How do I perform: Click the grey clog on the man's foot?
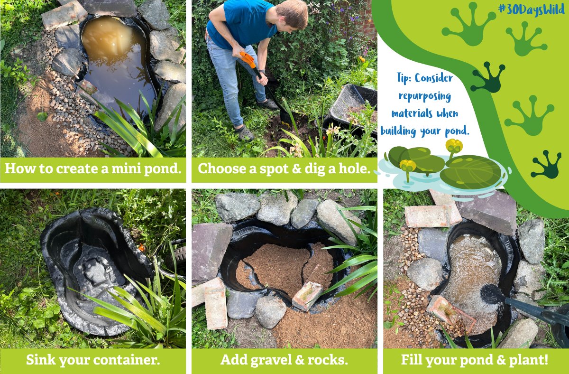[x=245, y=133]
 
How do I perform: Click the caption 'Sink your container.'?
[x=93, y=360]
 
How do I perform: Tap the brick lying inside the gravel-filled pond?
[x=307, y=295]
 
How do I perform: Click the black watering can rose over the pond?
[x=491, y=294]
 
